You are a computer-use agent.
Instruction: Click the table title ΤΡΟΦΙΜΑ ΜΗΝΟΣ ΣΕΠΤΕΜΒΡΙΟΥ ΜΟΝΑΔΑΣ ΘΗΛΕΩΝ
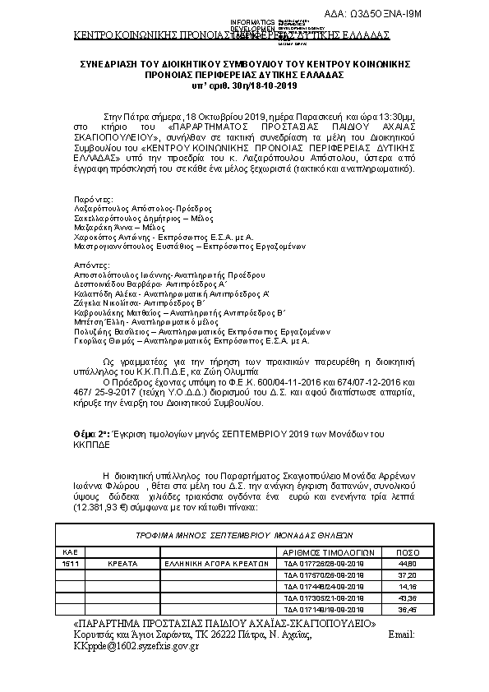pos(243,533)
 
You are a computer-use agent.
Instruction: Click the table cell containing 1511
pos(70,564)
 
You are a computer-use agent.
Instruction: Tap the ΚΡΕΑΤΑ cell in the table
pos(122,564)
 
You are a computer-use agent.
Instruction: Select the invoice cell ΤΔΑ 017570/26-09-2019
pos(317,575)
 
